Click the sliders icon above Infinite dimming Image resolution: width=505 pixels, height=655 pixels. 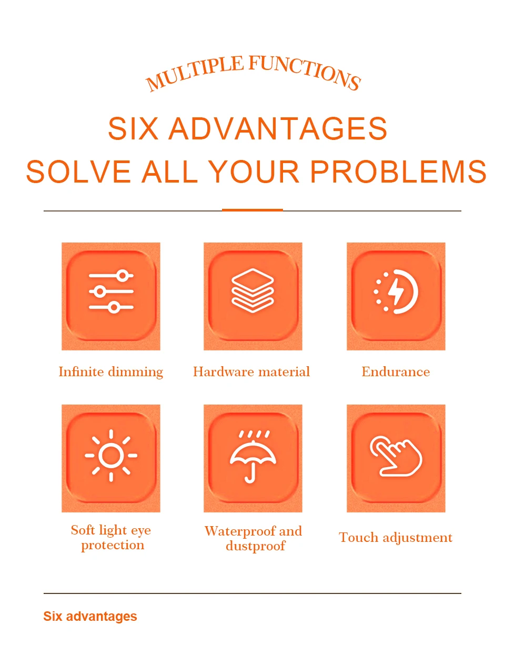pyautogui.click(x=111, y=291)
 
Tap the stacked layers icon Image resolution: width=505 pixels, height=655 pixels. pyautogui.click(x=252, y=290)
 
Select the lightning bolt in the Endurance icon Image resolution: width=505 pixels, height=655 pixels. pyautogui.click(x=396, y=291)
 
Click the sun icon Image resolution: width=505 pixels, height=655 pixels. pyautogui.click(x=111, y=455)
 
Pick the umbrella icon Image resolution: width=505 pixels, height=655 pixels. pyautogui.click(x=252, y=456)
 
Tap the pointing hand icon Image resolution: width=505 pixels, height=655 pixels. pyautogui.click(x=396, y=456)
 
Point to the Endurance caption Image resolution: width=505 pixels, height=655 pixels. pyautogui.click(x=396, y=371)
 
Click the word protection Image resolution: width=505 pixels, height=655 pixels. pyautogui.click(x=113, y=546)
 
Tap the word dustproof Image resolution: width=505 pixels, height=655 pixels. pyautogui.click(x=255, y=546)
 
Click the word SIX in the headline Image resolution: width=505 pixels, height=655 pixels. pyautogui.click(x=133, y=129)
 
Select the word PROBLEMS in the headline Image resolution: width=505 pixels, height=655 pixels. pyautogui.click(x=398, y=172)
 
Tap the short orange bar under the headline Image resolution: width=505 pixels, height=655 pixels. pyautogui.click(x=252, y=210)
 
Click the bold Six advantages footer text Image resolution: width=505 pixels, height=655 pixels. pyautogui.click(x=90, y=617)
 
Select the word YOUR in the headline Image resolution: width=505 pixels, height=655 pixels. pyautogui.click(x=254, y=172)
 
